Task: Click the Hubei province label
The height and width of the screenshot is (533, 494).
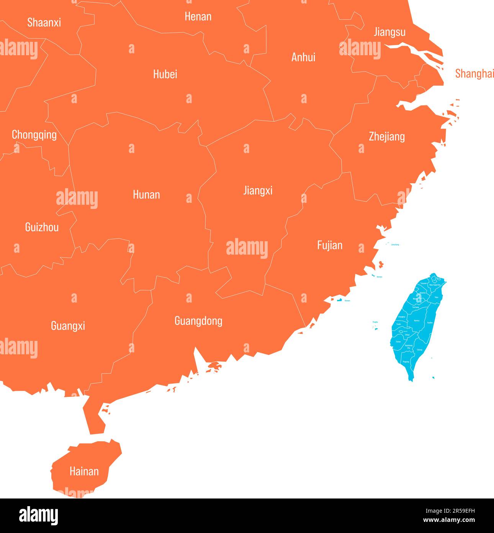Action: [x=165, y=74]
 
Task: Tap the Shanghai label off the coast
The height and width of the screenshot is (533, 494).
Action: [x=474, y=73]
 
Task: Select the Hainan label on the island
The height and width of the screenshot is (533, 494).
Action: [x=84, y=471]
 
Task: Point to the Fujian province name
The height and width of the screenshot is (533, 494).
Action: [x=330, y=245]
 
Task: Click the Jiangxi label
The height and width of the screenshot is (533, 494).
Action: [x=258, y=190]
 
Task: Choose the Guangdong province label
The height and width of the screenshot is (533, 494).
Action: [x=198, y=321]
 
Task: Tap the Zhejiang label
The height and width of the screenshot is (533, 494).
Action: [x=386, y=137]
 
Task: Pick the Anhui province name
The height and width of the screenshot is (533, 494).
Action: [x=303, y=57]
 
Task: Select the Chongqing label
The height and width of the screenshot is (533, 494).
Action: [x=34, y=135]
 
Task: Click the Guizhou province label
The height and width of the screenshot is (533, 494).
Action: [x=42, y=227]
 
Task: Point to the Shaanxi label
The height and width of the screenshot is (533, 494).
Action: [x=44, y=22]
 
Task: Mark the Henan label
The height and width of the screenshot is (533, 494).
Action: [x=198, y=16]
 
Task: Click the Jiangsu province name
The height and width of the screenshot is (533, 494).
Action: [x=389, y=32]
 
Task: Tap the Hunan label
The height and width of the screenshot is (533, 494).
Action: [x=146, y=194]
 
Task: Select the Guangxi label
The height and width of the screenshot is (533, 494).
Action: [x=68, y=326]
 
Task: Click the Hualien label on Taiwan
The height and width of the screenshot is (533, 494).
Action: [x=430, y=323]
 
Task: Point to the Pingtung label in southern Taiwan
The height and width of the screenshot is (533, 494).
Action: [x=406, y=362]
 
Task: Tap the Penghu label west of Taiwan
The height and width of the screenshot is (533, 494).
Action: [x=375, y=322]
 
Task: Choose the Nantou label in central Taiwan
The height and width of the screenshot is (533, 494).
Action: [x=417, y=321]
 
